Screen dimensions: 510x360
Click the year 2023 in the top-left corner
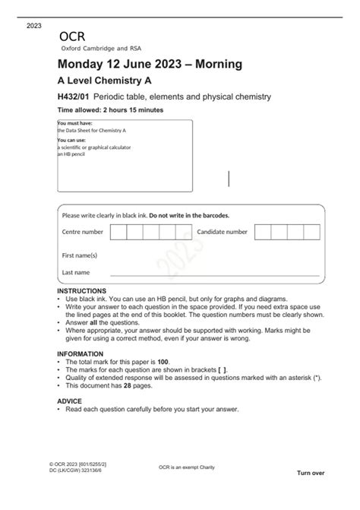[x=34, y=26]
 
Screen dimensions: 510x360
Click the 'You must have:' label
[x=76, y=122]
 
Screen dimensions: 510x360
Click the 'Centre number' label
[x=82, y=232]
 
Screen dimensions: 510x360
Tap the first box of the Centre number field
[x=118, y=232]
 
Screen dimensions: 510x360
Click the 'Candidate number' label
[x=222, y=232]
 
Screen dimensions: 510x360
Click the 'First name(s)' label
[x=79, y=255]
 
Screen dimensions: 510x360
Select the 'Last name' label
[x=76, y=271]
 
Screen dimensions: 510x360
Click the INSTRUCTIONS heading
[x=84, y=292]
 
